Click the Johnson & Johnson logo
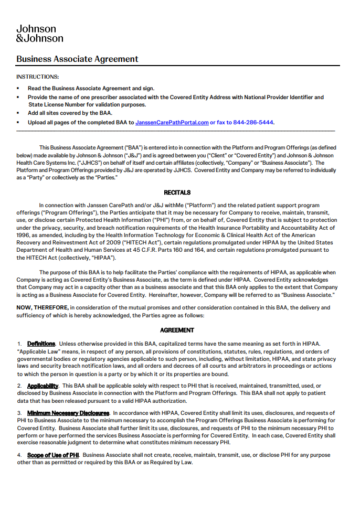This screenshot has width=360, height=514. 39,34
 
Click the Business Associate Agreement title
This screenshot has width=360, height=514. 77,59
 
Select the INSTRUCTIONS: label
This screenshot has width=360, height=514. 37,77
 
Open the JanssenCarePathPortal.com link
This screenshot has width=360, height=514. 172,123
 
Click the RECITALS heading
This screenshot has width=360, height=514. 177,192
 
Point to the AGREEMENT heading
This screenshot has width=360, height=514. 177,330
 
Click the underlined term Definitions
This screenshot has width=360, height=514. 41,344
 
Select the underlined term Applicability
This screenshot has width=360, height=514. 43,386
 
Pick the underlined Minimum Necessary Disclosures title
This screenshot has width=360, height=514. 68,413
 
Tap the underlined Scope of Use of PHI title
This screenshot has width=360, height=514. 53,455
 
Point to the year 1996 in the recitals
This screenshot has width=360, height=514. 24,235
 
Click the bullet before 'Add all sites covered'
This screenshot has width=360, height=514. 18,113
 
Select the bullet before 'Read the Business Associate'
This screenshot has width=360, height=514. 18,89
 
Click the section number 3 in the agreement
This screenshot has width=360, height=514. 19,413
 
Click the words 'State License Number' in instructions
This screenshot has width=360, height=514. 54,105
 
